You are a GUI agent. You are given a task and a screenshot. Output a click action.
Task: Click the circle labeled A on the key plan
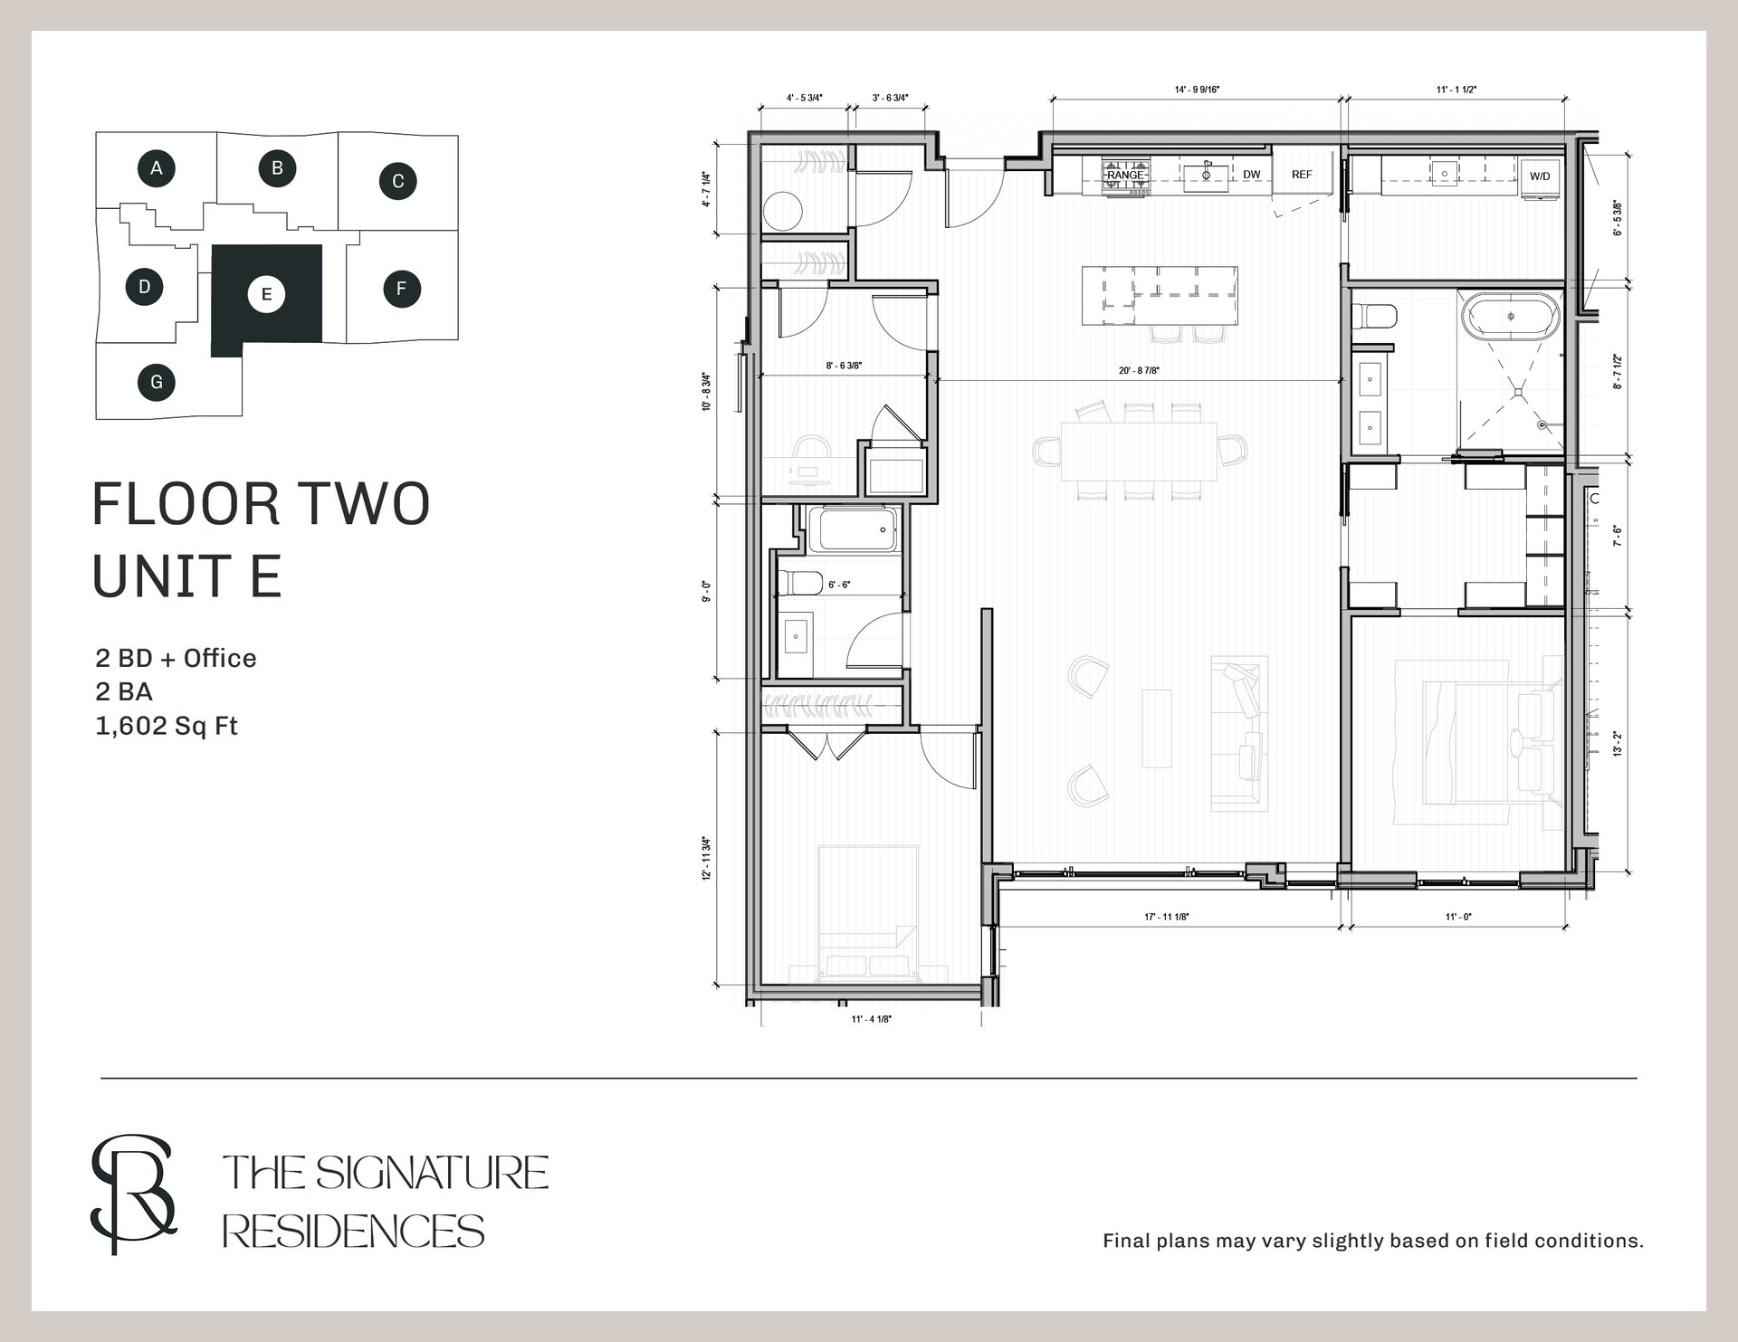157,167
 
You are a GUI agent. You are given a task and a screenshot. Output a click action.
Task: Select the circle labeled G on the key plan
157,382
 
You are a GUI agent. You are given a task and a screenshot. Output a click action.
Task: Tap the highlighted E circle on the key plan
266,294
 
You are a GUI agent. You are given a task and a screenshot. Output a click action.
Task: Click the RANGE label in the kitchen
1126,175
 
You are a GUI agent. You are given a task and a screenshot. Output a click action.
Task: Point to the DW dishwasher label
1252,175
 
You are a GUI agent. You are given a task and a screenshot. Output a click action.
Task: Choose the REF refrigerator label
1302,175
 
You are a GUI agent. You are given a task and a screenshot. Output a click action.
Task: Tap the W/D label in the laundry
1540,176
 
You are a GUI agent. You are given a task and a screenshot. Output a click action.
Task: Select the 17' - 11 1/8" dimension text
1167,917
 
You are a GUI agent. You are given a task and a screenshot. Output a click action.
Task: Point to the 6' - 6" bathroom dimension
839,585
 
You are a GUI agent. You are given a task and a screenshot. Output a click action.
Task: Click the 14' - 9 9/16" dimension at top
1198,90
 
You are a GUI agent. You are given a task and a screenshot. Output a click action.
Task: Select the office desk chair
812,453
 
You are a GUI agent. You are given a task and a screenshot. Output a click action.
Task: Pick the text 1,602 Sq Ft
167,726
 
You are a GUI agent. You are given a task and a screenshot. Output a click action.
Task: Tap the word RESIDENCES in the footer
353,1232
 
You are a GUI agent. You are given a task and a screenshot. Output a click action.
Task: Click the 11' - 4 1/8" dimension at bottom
871,1019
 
